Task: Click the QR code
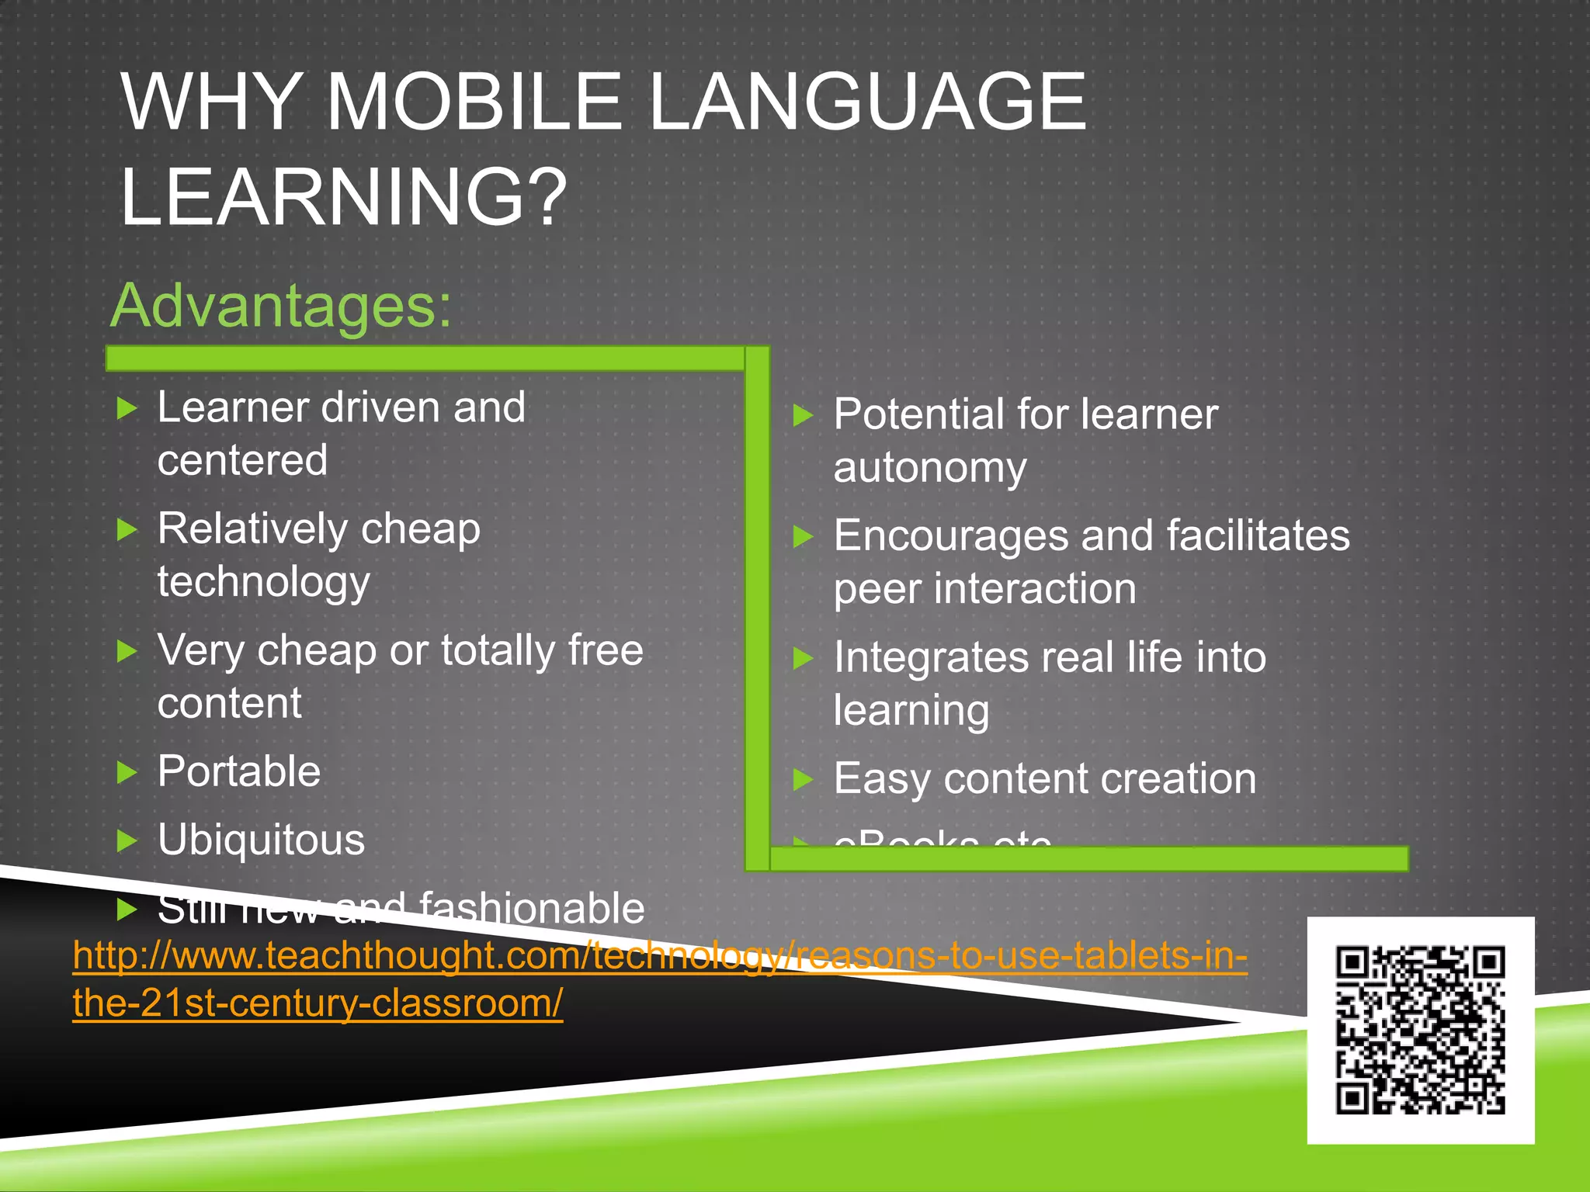coord(1420,1030)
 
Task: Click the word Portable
coord(239,771)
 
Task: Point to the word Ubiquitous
coord(261,840)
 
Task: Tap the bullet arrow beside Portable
coord(127,773)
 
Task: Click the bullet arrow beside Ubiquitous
coord(127,840)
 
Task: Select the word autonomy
coord(930,468)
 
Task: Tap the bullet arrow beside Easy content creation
coord(803,779)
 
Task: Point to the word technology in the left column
coord(263,582)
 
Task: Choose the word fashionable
coord(532,908)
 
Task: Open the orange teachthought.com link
coord(660,956)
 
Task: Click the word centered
coord(242,460)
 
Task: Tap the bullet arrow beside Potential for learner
coord(803,415)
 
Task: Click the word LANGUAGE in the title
coord(866,102)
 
